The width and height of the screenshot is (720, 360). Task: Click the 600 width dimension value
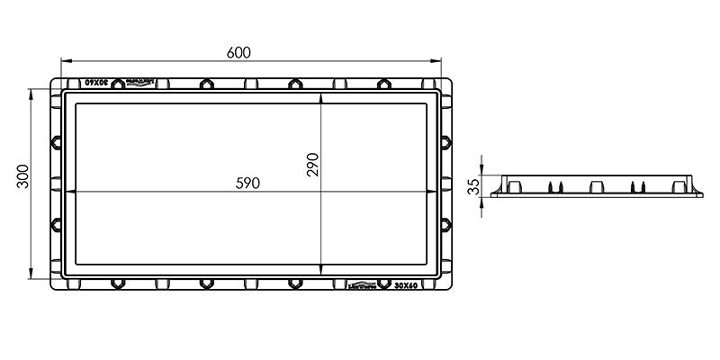pos(238,52)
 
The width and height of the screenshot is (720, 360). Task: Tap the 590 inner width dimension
pos(247,183)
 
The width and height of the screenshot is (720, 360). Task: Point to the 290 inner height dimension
pos(312,164)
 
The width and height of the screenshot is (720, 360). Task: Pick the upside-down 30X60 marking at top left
pos(96,82)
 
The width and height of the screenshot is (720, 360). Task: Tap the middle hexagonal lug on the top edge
pos(294,84)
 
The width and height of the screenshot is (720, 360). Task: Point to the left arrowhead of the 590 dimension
pos(71,192)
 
